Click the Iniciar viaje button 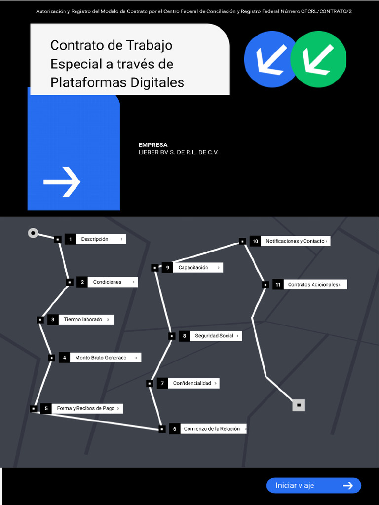pyautogui.click(x=313, y=485)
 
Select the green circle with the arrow pyautogui.click(x=318, y=59)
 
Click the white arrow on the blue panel pyautogui.click(x=62, y=182)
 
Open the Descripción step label pyautogui.click(x=100, y=239)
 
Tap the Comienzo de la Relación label pyautogui.click(x=213, y=429)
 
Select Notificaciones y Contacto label pyautogui.click(x=295, y=241)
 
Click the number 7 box pyautogui.click(x=162, y=383)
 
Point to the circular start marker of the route pyautogui.click(x=33, y=233)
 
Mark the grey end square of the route pyautogui.click(x=299, y=405)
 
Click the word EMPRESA pyautogui.click(x=153, y=145)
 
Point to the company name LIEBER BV pyautogui.click(x=178, y=152)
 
